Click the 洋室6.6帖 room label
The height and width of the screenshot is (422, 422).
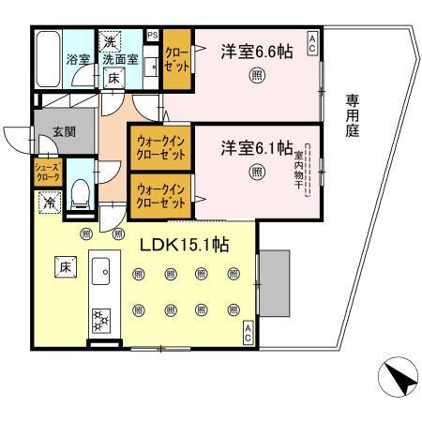coord(256,52)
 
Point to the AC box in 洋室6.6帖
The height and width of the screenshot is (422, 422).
coord(311,38)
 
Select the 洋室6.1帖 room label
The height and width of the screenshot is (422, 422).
coord(256,147)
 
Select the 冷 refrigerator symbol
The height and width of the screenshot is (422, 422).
coord(48,201)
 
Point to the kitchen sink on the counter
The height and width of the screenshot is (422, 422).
coord(100,265)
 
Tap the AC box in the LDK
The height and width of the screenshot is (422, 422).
coord(248,331)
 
